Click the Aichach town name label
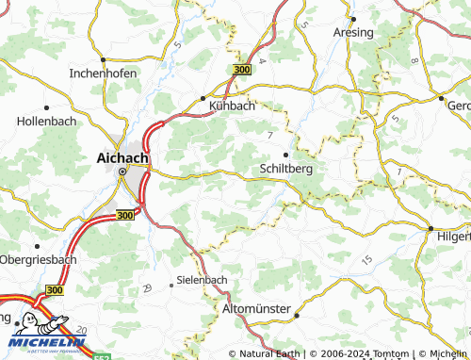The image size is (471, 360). [x=122, y=157]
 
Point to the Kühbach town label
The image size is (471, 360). [x=231, y=106]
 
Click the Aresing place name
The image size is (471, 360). [x=353, y=32]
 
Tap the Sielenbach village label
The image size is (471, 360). [x=203, y=281]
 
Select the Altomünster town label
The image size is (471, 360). [x=257, y=308]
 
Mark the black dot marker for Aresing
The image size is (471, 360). [x=351, y=18]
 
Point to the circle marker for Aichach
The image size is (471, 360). [x=122, y=173]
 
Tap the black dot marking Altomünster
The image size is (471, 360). [x=295, y=316]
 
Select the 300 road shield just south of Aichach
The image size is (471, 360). [x=125, y=215]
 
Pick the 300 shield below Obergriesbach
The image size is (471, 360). [x=54, y=290]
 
